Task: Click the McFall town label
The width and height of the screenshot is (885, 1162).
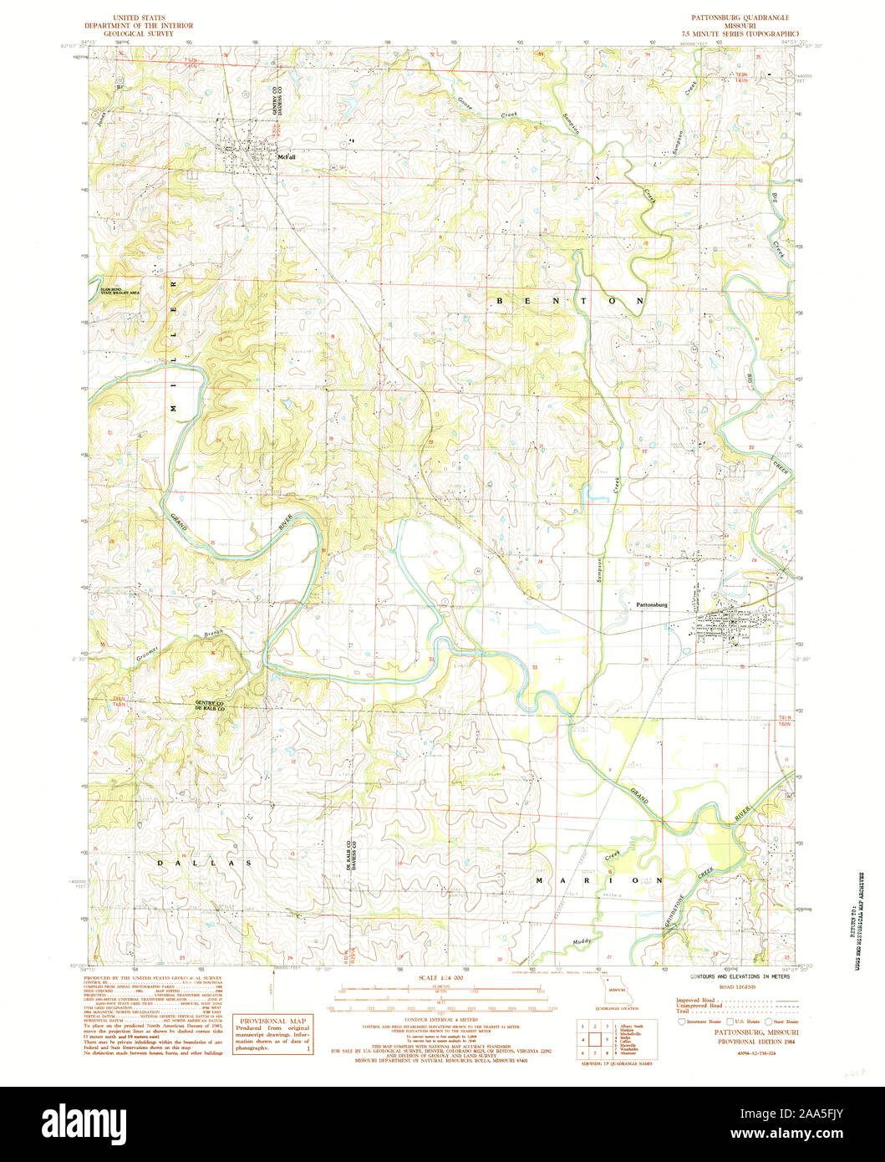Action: coord(287,156)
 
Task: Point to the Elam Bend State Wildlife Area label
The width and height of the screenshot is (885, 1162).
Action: coord(118,291)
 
